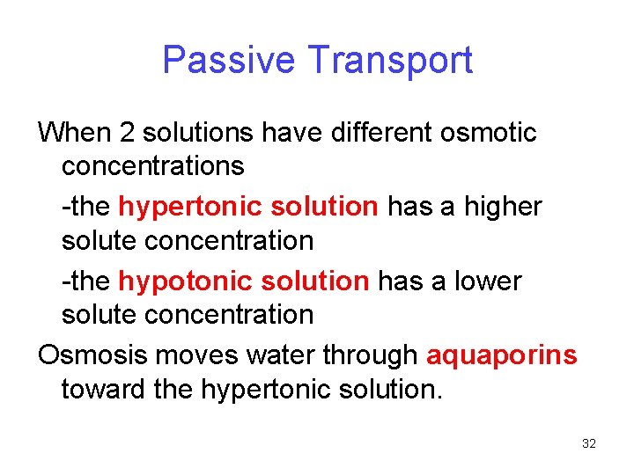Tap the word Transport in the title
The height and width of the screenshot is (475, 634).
pyautogui.click(x=391, y=60)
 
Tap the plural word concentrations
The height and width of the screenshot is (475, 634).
pyautogui.click(x=152, y=165)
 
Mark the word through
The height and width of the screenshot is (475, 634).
pyautogui.click(x=371, y=354)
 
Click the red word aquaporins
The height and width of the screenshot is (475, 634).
pyautogui.click(x=502, y=354)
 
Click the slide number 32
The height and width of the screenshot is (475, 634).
pyautogui.click(x=589, y=444)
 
